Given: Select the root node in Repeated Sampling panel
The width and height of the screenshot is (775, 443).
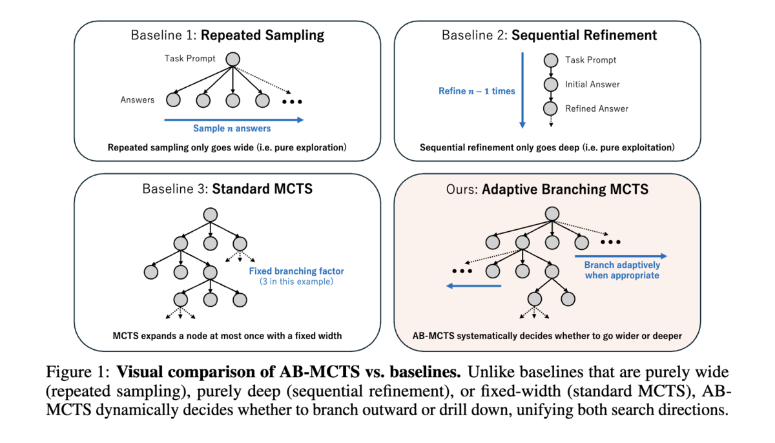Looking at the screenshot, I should point(232,59).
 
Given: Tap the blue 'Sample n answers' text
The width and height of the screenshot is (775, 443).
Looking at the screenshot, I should point(232,129).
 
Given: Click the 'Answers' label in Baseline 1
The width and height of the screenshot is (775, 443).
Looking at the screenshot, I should point(138,100).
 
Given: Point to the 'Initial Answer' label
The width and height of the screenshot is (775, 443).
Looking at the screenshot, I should point(592,84).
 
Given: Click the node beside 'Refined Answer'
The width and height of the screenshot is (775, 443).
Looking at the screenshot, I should point(550,108).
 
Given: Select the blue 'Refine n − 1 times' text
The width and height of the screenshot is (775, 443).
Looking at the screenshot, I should point(477,91).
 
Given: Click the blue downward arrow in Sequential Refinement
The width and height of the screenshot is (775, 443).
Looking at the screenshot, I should point(522,90).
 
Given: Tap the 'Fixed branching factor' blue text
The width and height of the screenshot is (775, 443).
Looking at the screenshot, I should point(296,271).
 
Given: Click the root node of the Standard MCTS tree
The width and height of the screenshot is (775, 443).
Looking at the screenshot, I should point(210,215).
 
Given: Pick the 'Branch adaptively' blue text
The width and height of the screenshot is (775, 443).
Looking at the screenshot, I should point(622,265).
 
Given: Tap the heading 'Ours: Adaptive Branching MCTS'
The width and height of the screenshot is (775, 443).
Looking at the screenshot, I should point(547,189).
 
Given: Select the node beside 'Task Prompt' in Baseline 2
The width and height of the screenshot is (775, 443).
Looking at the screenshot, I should point(550,60).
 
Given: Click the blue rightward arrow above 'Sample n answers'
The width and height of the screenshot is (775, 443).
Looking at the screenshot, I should point(233,119).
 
